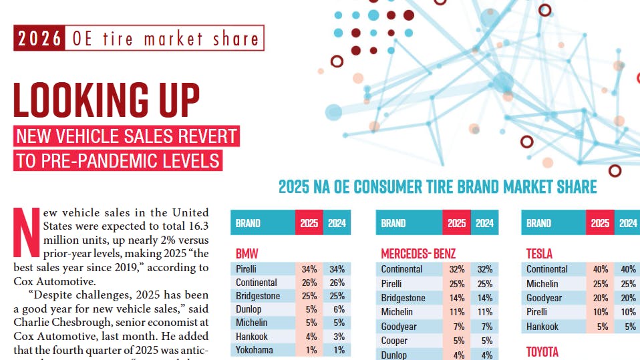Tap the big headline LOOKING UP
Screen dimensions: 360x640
coord(107,100)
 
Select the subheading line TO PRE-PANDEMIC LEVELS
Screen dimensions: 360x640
coord(118,161)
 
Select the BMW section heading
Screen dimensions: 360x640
coord(247,254)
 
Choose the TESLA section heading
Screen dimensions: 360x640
coord(540,254)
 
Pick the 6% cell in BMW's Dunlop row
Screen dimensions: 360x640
coord(337,309)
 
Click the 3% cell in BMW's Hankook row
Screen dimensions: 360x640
coord(337,337)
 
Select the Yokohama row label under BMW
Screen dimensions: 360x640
coord(254,350)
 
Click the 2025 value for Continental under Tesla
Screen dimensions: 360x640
coord(600,269)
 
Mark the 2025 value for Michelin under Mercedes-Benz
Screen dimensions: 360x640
coord(456,312)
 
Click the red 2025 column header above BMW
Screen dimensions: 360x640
coord(309,223)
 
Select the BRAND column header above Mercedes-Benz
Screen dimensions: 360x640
coord(393,223)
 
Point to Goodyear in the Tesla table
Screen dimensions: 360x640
coord(544,298)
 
